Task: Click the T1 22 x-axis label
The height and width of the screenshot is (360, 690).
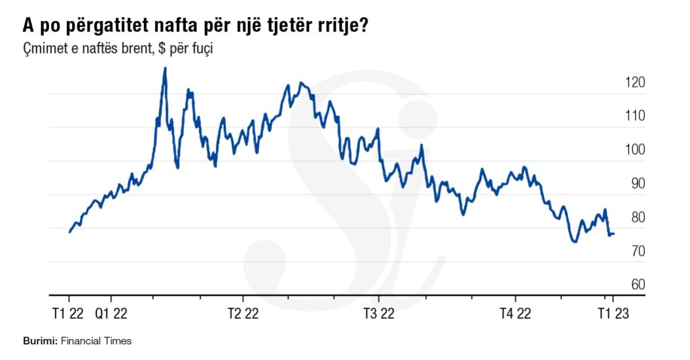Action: point(67,314)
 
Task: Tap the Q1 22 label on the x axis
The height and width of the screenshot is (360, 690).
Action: point(111,314)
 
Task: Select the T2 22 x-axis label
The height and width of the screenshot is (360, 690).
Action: point(245,314)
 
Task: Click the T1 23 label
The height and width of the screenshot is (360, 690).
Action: point(612,314)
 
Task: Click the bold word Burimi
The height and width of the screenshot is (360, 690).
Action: point(41,341)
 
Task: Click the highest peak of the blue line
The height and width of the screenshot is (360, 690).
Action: point(164,68)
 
